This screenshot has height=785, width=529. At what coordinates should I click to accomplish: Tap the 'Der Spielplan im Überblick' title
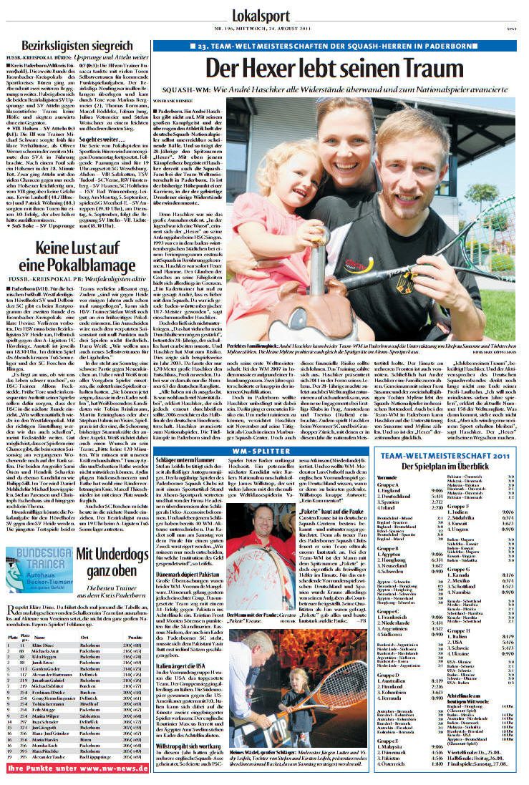[438, 467]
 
